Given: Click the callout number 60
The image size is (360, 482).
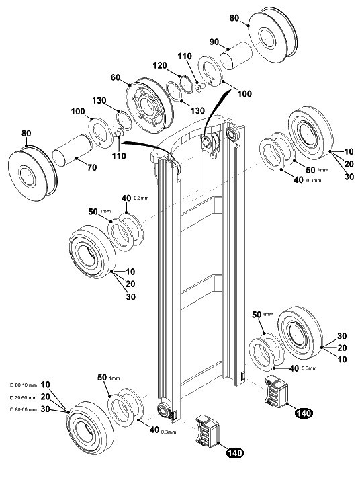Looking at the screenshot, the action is point(116,77).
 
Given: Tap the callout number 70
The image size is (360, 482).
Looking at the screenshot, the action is point(92,167).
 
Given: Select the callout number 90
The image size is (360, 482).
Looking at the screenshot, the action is point(214,42).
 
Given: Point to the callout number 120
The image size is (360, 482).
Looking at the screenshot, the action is point(160,65).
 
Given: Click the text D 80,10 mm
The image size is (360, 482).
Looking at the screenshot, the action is point(24,385).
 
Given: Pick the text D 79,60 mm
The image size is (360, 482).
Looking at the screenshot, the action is point(24,397).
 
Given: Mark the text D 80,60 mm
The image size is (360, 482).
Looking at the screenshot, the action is point(24,409).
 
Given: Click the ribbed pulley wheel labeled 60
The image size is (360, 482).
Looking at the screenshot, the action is point(150,106).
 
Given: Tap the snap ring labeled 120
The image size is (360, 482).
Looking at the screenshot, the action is point(185,83).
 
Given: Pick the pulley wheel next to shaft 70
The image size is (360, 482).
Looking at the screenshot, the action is point(32,173).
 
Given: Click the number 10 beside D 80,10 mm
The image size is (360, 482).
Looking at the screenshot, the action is point(45,385).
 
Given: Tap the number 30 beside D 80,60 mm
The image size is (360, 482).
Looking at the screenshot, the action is point(45,409).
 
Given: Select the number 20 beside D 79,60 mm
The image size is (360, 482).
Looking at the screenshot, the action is point(45,397).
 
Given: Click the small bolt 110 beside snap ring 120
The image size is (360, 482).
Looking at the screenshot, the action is point(200,87).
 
